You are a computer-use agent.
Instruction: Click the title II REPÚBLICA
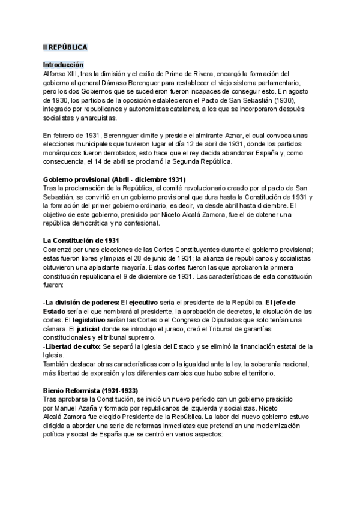coord(65,46)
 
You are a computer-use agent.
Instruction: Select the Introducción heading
coord(64,64)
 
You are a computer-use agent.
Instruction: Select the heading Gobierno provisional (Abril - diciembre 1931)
coord(114,179)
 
